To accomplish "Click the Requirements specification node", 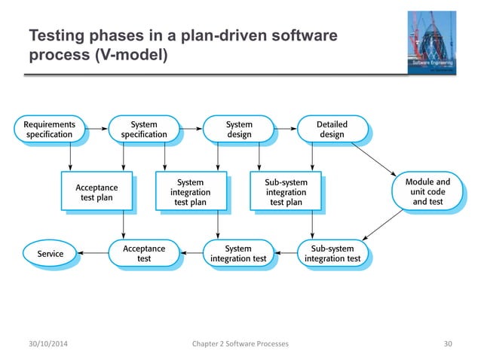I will pyautogui.click(x=50, y=129).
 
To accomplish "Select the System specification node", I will pyautogui.click(x=144, y=129).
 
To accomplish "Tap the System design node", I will pyautogui.click(x=239, y=129).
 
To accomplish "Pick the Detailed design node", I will pyautogui.click(x=332, y=129).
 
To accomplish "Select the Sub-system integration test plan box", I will pyautogui.click(x=285, y=192).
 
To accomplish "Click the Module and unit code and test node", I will pyautogui.click(x=427, y=191).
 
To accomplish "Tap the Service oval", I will pyautogui.click(x=51, y=254).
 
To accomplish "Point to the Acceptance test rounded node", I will pyautogui.click(x=144, y=254).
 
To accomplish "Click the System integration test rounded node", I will pyautogui.click(x=238, y=254).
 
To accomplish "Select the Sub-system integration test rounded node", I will pyautogui.click(x=332, y=254).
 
